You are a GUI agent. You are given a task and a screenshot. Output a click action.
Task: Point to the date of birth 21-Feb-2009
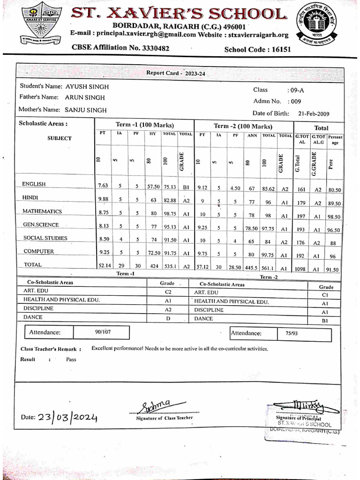(x=314, y=113)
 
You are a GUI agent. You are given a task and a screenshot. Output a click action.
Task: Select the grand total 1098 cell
(x=301, y=270)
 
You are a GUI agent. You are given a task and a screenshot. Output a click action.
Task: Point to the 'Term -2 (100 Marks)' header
(x=243, y=127)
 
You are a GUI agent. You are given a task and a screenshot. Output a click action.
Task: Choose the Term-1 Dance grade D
(x=168, y=318)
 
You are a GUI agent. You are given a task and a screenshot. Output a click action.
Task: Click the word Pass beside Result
(x=71, y=360)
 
